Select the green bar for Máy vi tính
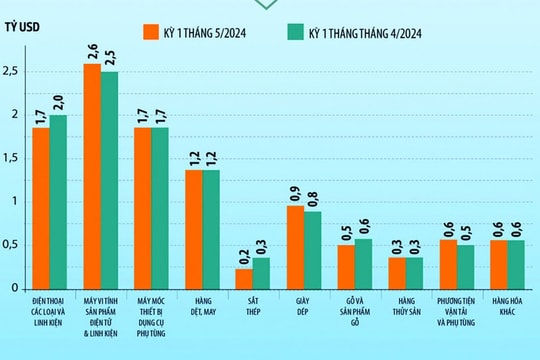click(x=108, y=180)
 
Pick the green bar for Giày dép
click(x=312, y=249)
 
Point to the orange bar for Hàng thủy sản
click(x=397, y=273)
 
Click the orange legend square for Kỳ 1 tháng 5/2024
click(x=151, y=32)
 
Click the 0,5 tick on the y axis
click(x=13, y=245)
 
